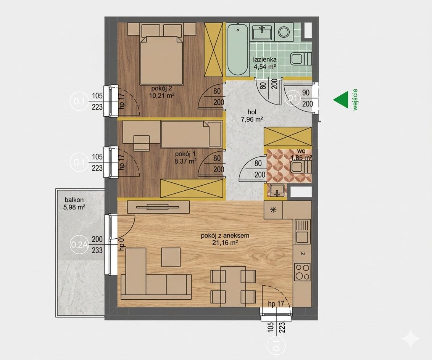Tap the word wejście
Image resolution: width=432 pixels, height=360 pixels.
[x=355, y=100]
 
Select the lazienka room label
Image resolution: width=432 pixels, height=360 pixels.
[x=265, y=59]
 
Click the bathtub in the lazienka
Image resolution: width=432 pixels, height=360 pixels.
[x=237, y=50]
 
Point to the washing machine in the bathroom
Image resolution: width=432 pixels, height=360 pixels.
[x=284, y=32]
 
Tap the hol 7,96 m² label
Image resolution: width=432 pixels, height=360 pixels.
[x=252, y=116]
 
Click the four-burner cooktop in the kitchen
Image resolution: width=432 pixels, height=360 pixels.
[x=302, y=272]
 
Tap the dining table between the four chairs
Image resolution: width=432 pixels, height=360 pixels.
[x=233, y=286]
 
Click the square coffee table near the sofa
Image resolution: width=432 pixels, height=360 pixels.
[x=171, y=257]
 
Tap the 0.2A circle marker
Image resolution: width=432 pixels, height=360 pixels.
[x=79, y=244]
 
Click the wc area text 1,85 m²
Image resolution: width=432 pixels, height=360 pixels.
[x=301, y=158]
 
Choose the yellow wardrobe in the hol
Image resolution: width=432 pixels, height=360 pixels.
[x=288, y=136]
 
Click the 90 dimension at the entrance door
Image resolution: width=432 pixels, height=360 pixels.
[x=306, y=93]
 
